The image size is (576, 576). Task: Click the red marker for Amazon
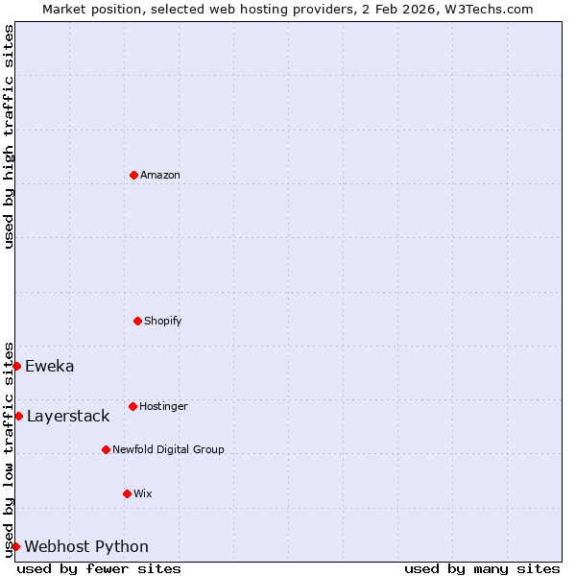click(133, 175)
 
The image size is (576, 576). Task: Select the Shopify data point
click(137, 321)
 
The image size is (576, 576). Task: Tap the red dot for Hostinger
click(132, 406)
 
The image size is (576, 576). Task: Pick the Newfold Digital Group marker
click(106, 449)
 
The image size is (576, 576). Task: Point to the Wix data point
click(127, 493)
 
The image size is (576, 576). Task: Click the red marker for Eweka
click(16, 366)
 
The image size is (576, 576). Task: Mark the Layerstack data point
click(18, 416)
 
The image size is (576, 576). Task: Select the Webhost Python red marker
click(15, 546)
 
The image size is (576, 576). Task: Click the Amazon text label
click(160, 175)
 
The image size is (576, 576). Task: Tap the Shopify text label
click(163, 321)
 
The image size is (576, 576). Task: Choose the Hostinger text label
click(163, 406)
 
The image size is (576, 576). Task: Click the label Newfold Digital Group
click(168, 449)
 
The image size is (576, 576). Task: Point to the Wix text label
click(143, 493)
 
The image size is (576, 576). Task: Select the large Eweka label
click(50, 366)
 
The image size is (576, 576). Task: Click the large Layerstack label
click(68, 416)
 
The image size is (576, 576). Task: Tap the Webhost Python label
click(86, 546)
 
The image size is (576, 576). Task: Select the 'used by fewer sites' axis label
click(99, 568)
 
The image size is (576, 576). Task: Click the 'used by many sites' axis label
click(482, 568)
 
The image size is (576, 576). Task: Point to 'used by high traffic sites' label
click(10, 136)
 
